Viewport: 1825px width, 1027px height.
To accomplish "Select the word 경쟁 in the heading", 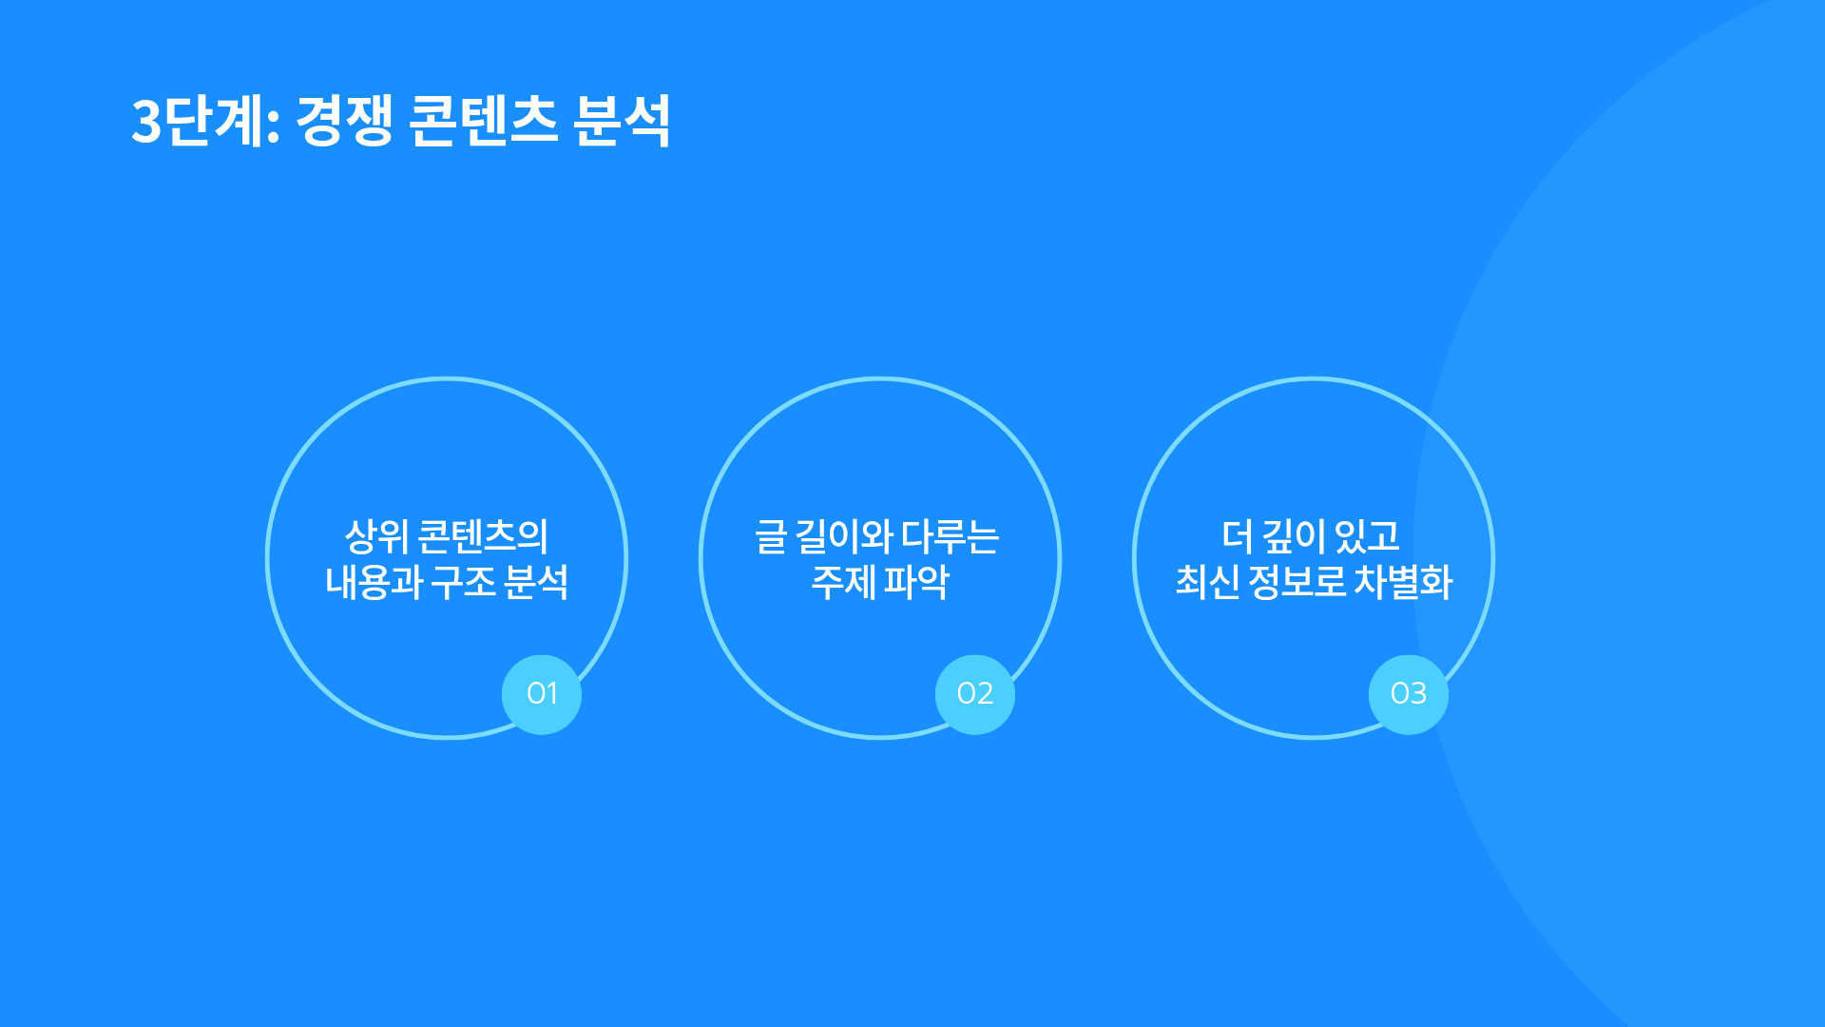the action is pos(344,121).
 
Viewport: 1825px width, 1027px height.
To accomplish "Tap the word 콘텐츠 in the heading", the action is pos(483,121).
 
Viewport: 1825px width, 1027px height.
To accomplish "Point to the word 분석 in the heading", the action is pos(623,121).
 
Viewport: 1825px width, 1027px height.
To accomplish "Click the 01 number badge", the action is pos(542,694).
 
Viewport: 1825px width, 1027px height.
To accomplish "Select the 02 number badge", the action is pos(975,694).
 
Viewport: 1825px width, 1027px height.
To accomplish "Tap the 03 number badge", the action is pos(1409,694).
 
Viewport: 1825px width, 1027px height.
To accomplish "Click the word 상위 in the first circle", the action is pos(376,536).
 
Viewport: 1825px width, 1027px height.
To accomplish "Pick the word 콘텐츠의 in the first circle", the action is pos(484,536).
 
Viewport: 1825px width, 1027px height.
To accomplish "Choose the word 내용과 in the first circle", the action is pos(374,582).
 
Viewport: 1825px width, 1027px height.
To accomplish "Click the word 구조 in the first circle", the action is pos(463,582).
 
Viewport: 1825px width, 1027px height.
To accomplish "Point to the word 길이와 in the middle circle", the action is pos(844,536).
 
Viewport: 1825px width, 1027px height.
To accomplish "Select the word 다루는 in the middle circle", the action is pos(951,536).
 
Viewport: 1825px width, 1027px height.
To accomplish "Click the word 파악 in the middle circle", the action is pos(916,582).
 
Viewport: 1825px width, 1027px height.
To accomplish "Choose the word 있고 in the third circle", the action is pos(1368,536).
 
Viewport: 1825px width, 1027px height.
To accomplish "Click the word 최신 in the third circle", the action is pos(1207,582).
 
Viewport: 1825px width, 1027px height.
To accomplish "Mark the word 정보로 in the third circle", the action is pos(1297,582).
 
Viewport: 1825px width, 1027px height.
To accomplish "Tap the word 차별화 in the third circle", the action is pos(1403,582).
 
